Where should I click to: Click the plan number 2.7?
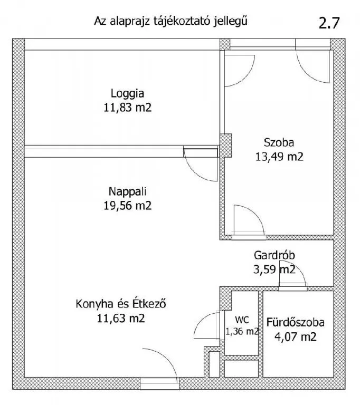(x=329, y=23)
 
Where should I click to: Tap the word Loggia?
(x=127, y=93)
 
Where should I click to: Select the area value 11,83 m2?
(x=127, y=107)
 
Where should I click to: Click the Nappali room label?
(x=127, y=192)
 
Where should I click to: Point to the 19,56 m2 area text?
(x=127, y=206)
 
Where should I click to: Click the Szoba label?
(x=279, y=142)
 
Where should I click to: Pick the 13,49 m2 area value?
(x=279, y=157)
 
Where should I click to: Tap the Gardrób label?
(x=274, y=255)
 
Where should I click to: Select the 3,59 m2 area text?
(x=274, y=269)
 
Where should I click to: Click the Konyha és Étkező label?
(x=121, y=304)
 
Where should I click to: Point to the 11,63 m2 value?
(x=121, y=318)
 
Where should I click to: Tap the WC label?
(x=242, y=320)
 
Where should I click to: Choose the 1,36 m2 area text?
(x=242, y=331)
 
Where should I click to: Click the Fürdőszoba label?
(x=296, y=323)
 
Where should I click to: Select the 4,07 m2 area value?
(x=296, y=337)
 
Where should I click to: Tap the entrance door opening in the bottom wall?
(x=159, y=383)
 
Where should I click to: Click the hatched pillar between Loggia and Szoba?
(x=225, y=146)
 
